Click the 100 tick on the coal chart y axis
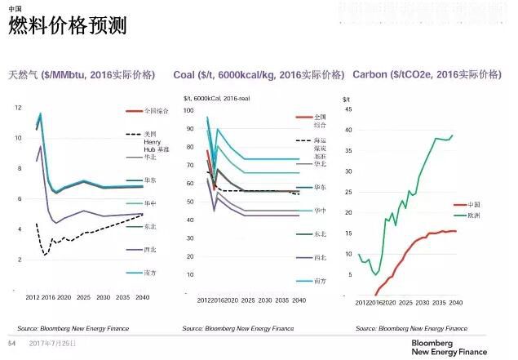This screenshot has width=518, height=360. (188, 109)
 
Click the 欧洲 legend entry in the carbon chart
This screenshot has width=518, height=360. (473, 216)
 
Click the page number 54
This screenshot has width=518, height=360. (11, 344)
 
